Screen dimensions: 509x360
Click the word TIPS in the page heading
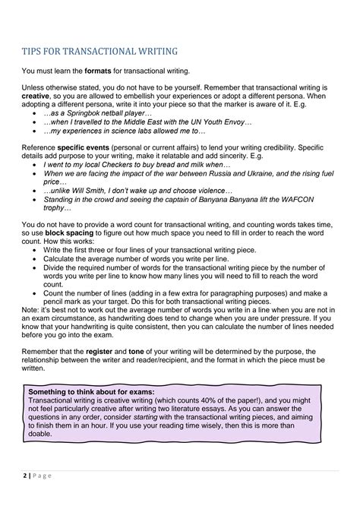coord(35,52)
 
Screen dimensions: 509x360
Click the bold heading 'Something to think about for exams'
coord(91,392)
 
